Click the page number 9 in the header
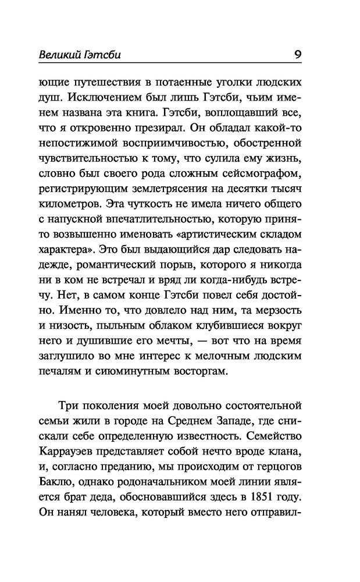[297, 56]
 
